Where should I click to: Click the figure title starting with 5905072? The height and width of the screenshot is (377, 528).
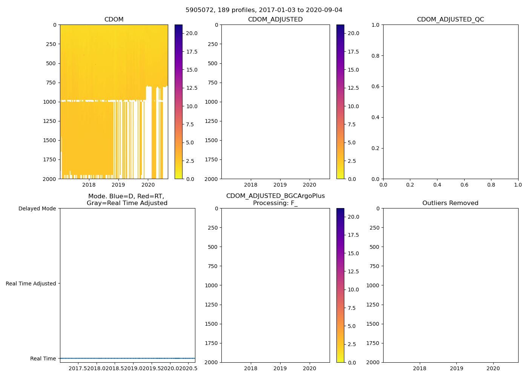pos(264,10)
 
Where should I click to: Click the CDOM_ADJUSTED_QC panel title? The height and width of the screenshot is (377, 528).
pos(450,20)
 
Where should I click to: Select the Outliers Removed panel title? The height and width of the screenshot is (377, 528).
pos(450,203)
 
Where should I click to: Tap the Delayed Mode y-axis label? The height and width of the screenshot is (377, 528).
pos(37,208)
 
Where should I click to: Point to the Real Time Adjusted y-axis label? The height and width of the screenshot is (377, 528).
pos(31,284)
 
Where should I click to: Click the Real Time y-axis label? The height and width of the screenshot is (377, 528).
pos(43,359)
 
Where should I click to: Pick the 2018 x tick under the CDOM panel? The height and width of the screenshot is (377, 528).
pos(89,185)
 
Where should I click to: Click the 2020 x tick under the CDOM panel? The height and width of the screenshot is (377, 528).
pos(148,185)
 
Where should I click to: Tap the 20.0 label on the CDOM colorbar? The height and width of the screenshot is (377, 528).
pos(192,33)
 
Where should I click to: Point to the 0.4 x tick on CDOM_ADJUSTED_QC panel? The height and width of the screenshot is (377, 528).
pos(437,185)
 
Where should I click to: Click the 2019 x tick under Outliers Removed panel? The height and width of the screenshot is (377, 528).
pos(456,368)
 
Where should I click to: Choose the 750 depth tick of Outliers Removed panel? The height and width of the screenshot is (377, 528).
pos(374,266)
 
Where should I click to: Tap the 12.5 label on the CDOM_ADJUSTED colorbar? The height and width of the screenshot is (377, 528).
pos(353,88)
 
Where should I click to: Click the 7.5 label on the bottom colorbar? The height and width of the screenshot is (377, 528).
pos(351,308)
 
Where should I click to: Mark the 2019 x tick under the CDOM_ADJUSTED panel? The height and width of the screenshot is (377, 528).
pos(280,185)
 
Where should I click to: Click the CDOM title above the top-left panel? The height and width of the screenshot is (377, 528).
pos(114,20)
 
